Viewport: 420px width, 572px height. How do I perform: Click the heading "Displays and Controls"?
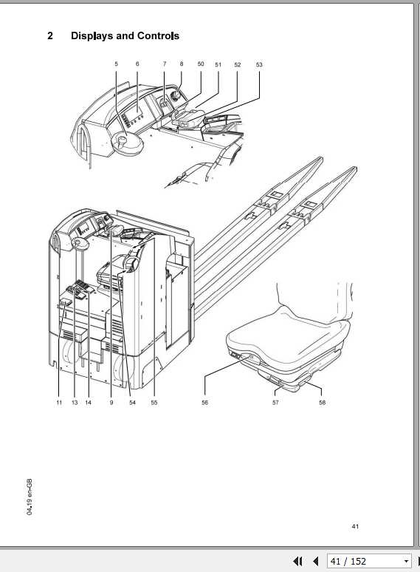(x=125, y=35)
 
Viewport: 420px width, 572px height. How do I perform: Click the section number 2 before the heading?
(x=50, y=35)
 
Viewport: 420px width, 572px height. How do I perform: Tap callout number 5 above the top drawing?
(x=116, y=65)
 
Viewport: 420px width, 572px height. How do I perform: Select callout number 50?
(x=201, y=65)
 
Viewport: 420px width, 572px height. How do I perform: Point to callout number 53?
(x=259, y=65)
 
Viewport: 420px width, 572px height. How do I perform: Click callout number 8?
(x=181, y=65)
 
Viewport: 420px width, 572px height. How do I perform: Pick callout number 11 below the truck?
(x=59, y=403)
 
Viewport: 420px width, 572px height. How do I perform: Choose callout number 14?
(x=88, y=403)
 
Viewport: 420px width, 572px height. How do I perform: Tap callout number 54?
(x=133, y=403)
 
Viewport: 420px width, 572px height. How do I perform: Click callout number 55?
(x=154, y=403)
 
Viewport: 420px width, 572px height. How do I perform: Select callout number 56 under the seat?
(x=204, y=403)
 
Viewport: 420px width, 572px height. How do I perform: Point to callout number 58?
(x=322, y=403)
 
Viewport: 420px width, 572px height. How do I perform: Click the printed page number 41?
(x=355, y=526)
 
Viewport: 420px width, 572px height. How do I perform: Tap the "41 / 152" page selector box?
(x=368, y=562)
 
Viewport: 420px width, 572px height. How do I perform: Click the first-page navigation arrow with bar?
(x=298, y=562)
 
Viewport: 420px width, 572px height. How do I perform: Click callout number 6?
(x=137, y=65)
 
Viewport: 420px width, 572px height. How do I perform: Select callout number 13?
(x=75, y=403)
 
